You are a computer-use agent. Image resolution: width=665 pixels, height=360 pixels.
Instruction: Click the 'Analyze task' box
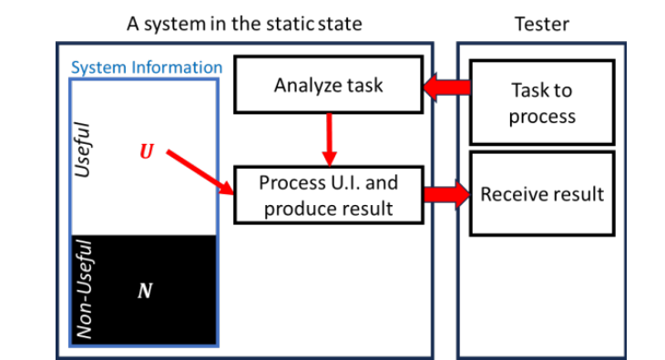[329, 86]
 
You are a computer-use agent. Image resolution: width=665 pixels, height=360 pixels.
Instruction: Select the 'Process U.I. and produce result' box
[328, 195]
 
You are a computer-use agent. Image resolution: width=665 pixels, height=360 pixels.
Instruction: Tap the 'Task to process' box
[542, 103]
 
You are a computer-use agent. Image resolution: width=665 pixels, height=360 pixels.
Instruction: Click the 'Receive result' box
[542, 194]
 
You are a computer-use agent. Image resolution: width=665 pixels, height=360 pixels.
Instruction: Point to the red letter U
[147, 150]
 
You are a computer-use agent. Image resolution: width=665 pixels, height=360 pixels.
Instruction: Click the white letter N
[145, 292]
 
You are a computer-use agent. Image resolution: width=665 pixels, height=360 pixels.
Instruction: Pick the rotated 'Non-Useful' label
[85, 290]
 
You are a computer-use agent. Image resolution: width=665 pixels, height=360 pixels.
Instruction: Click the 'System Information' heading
[147, 67]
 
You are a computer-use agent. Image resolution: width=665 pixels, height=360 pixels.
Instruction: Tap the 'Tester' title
[542, 23]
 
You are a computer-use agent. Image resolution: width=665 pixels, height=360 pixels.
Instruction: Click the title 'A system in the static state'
[244, 23]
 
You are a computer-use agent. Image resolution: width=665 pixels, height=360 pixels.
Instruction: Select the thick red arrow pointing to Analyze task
[447, 87]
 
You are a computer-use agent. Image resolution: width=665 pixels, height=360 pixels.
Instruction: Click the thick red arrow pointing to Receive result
[445, 195]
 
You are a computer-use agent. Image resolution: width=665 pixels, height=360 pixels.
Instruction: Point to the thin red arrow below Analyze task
[330, 137]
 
